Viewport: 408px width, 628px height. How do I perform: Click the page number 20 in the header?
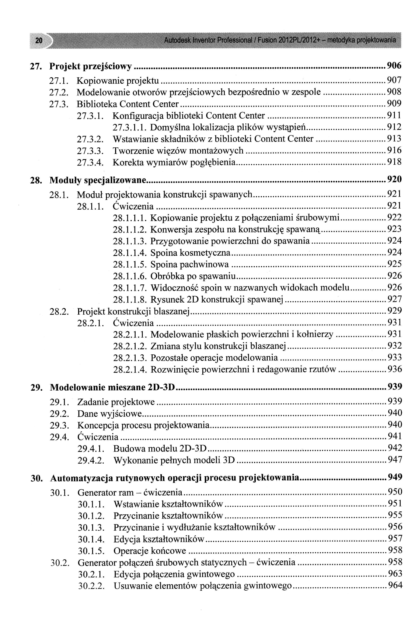pyautogui.click(x=39, y=41)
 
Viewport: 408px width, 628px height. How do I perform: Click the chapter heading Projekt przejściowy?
pyautogui.click(x=91, y=67)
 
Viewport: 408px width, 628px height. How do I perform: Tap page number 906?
pyautogui.click(x=394, y=65)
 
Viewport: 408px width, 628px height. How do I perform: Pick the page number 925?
pyautogui.click(x=395, y=264)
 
